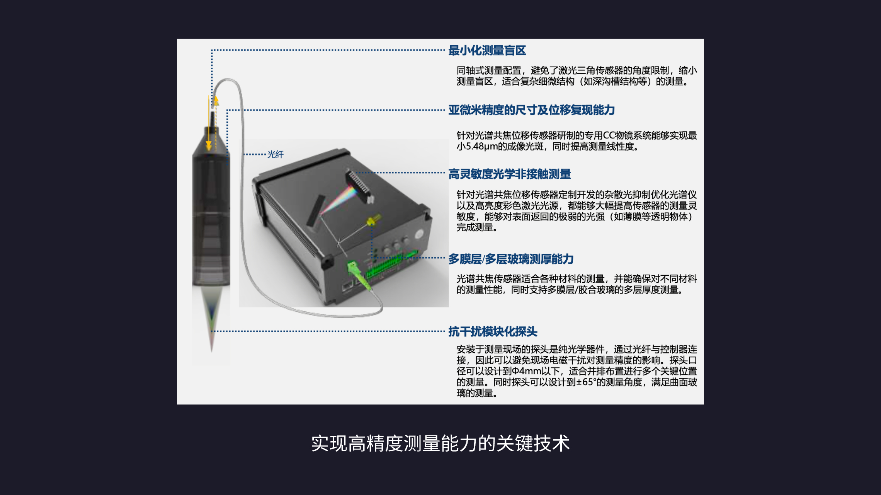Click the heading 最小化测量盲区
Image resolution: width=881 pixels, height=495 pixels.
click(487, 50)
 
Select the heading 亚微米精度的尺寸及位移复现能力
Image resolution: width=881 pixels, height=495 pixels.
click(531, 110)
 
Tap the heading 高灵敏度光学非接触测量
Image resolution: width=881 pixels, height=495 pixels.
click(509, 174)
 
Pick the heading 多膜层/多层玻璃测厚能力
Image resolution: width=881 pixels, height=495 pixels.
click(511, 259)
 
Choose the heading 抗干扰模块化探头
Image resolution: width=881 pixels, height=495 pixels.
click(493, 331)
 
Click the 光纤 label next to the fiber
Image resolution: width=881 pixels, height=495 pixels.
click(276, 155)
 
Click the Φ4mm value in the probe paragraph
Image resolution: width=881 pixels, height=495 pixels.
click(527, 371)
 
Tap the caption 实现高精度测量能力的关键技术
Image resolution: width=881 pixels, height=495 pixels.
click(440, 443)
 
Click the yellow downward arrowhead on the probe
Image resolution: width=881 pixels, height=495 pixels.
click(209, 145)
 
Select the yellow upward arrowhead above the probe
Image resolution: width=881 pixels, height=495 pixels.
click(216, 101)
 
